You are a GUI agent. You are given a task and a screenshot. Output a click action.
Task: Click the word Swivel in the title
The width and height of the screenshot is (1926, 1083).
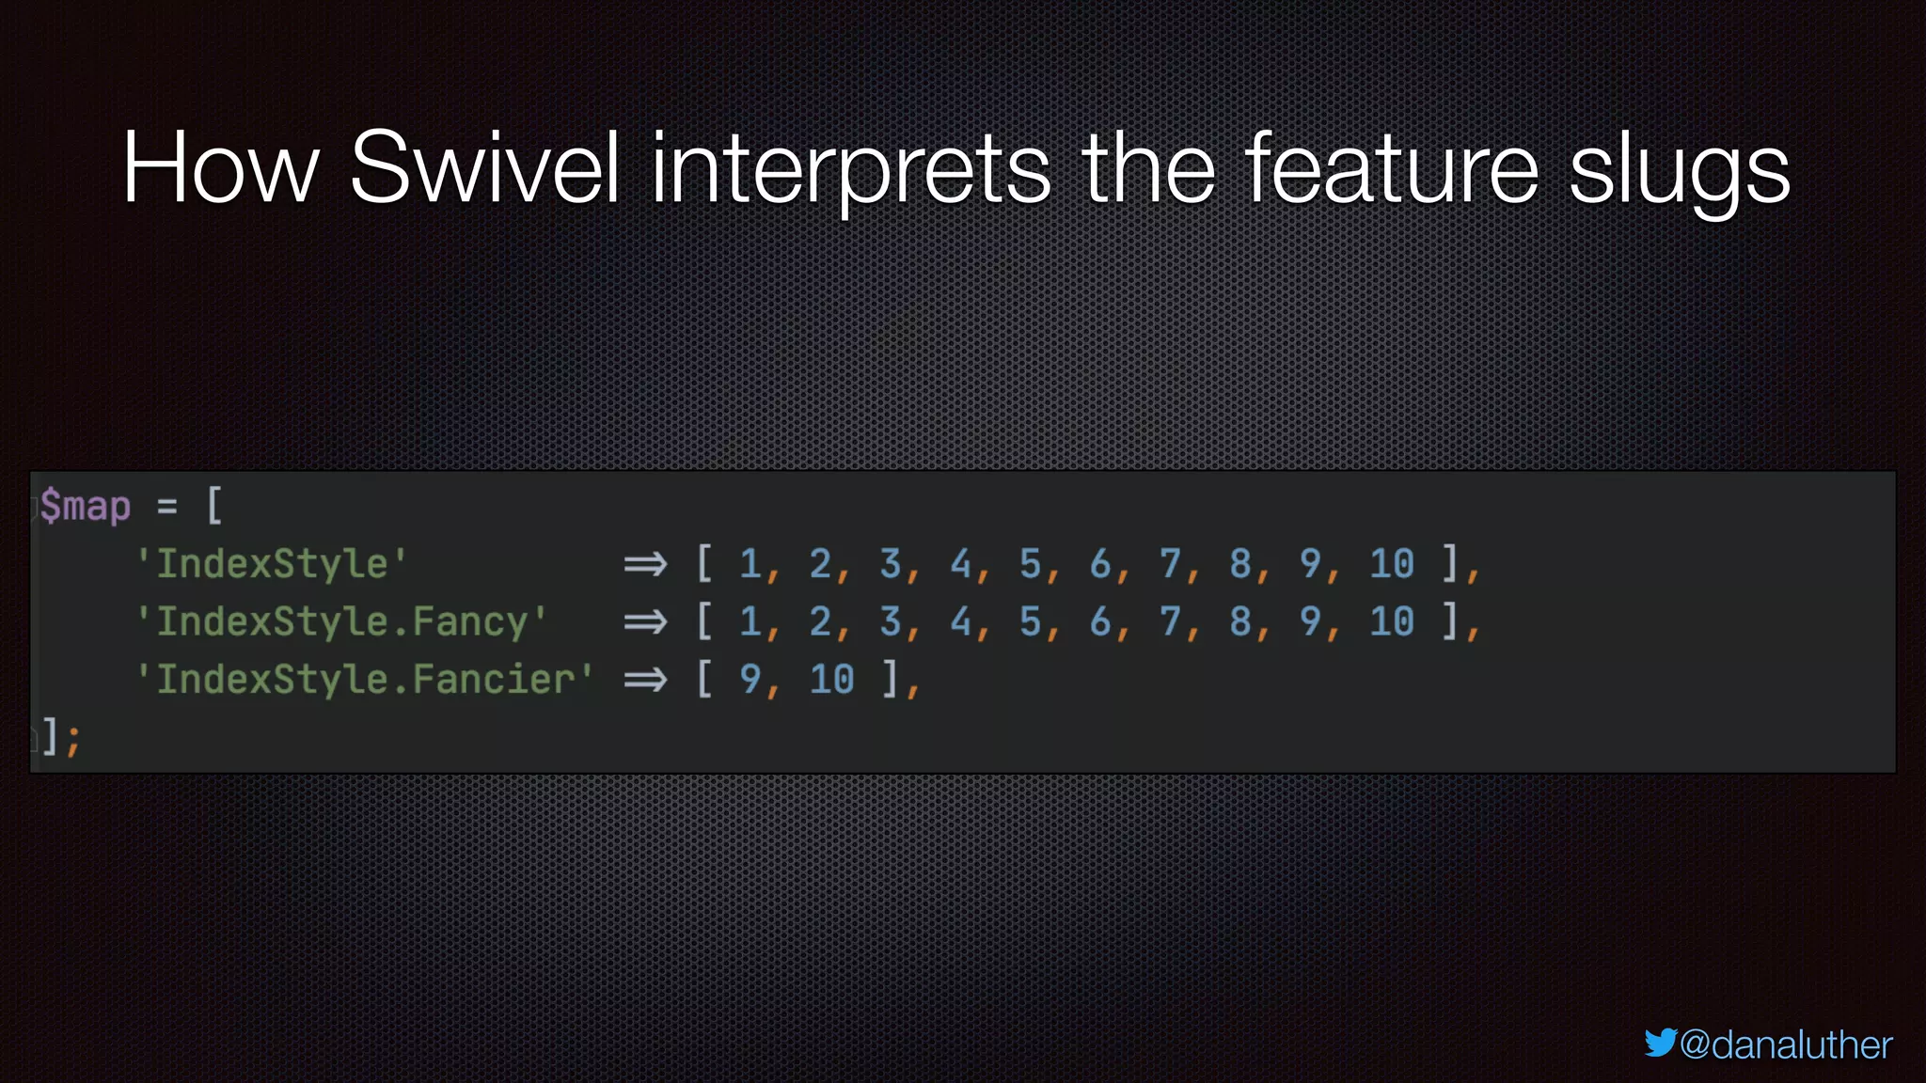tap(484, 169)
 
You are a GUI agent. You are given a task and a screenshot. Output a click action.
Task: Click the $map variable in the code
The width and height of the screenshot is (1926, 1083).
tap(86, 507)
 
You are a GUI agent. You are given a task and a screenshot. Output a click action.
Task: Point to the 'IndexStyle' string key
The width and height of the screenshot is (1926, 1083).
tap(272, 564)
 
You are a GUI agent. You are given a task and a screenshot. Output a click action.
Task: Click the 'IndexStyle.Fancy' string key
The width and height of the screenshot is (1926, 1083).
tap(341, 622)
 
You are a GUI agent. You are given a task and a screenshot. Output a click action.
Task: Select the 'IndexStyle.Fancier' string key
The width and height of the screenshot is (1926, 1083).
tap(365, 680)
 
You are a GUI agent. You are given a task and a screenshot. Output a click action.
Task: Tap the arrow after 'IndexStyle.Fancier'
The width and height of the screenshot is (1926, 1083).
tap(645, 680)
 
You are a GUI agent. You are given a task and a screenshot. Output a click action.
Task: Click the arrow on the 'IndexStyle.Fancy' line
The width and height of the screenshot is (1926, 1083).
tap(645, 622)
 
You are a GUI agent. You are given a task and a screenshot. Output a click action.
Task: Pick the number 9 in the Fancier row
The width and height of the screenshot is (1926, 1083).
tap(750, 680)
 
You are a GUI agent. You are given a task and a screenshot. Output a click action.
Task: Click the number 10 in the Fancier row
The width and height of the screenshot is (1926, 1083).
tap(831, 680)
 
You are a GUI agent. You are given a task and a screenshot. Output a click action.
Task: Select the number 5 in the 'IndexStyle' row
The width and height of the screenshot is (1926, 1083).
tap(1030, 564)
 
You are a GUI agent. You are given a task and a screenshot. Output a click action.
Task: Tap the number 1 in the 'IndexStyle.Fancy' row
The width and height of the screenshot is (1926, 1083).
tap(750, 622)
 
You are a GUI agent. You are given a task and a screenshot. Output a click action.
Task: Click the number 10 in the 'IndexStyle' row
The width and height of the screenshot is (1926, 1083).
tap(1391, 564)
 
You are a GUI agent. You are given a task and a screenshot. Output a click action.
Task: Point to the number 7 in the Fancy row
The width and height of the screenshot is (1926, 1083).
tap(1170, 622)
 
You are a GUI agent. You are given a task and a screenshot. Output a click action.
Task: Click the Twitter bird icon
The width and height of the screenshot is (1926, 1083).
tap(1660, 1043)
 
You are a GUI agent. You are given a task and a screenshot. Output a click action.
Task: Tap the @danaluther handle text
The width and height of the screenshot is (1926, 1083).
tap(1785, 1045)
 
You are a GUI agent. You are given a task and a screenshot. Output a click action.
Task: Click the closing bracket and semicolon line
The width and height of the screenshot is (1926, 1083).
tap(58, 737)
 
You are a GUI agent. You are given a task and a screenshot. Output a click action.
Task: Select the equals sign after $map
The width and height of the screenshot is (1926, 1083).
tap(167, 507)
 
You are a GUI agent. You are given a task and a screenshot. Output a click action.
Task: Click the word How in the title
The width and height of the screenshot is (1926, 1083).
tap(221, 169)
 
